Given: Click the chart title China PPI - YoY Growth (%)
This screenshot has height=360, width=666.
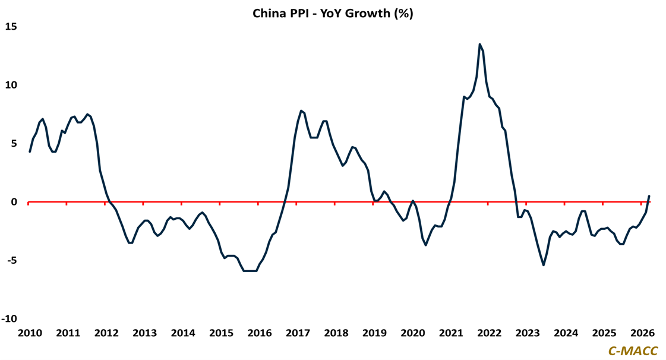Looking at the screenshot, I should point(333,13).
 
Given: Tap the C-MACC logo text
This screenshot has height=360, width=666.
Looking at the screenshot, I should point(633,351).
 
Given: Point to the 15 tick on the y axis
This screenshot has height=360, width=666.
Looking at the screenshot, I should point(12,27).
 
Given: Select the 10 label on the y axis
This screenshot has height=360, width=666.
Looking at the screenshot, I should point(12,85).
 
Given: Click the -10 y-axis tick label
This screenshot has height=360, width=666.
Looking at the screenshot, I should point(10,319).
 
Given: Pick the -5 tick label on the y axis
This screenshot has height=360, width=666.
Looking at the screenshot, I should point(12,260).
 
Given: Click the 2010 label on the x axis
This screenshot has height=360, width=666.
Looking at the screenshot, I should point(30,333).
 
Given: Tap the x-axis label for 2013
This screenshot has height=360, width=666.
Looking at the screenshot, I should point(144,333).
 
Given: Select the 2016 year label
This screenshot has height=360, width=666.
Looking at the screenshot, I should point(259,333).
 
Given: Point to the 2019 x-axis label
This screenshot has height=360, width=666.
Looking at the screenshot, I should point(374,333).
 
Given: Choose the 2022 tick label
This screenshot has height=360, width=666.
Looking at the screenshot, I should point(489,333).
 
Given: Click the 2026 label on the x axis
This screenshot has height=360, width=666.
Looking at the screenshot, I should point(642,333).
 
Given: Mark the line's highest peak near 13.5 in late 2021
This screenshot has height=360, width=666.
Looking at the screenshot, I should point(479,45).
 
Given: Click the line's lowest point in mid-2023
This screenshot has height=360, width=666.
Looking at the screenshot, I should point(544,265).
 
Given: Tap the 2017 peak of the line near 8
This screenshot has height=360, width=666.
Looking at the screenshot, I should point(301,110).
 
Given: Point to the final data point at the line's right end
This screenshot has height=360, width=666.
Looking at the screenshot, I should point(649,196).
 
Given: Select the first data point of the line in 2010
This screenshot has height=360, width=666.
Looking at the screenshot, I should point(30,151).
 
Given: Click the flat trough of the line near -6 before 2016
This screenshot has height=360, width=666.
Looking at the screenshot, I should point(250,271).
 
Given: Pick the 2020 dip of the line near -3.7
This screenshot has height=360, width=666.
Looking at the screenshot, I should point(426,245).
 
